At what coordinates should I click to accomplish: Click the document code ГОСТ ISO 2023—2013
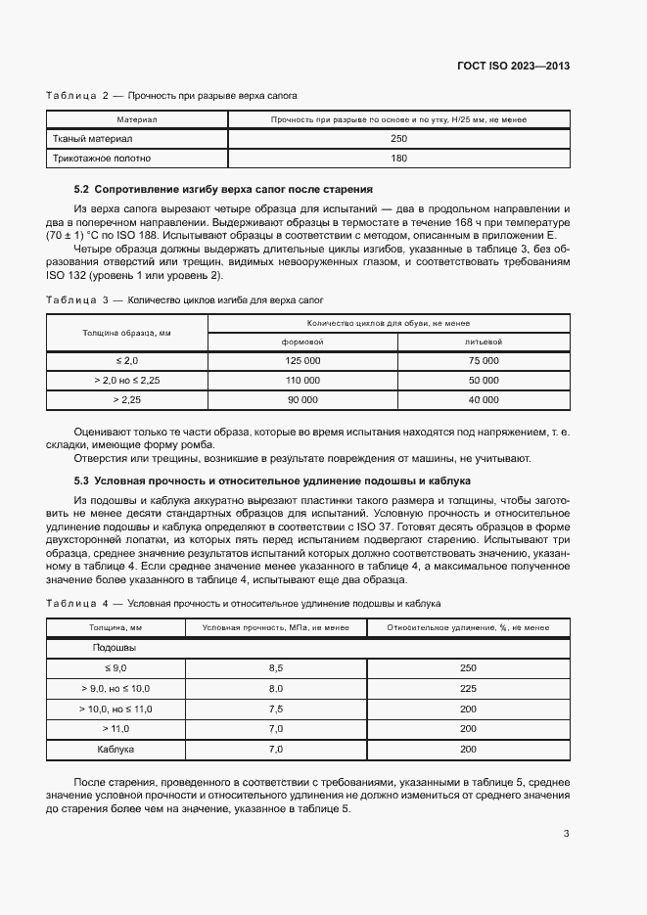(x=513, y=67)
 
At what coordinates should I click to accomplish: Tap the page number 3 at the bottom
(x=567, y=834)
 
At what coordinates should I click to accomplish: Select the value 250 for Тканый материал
(x=398, y=139)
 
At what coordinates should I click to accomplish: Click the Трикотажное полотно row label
(x=102, y=158)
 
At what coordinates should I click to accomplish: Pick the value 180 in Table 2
(x=398, y=158)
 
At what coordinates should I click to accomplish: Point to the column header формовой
(x=302, y=343)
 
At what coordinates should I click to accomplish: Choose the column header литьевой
(x=484, y=343)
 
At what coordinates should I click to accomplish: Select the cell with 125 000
(x=302, y=361)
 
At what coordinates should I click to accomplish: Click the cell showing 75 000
(x=484, y=361)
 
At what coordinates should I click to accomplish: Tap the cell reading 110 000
(x=302, y=380)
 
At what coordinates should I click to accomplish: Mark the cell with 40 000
(x=484, y=399)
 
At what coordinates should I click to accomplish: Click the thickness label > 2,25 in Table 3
(x=127, y=399)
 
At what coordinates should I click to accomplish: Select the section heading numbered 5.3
(x=272, y=480)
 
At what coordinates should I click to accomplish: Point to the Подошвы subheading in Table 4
(x=115, y=648)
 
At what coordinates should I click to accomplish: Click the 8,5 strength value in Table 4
(x=275, y=667)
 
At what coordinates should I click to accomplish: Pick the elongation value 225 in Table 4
(x=467, y=688)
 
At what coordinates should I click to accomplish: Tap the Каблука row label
(x=116, y=749)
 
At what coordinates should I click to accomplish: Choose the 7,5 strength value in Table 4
(x=275, y=709)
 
